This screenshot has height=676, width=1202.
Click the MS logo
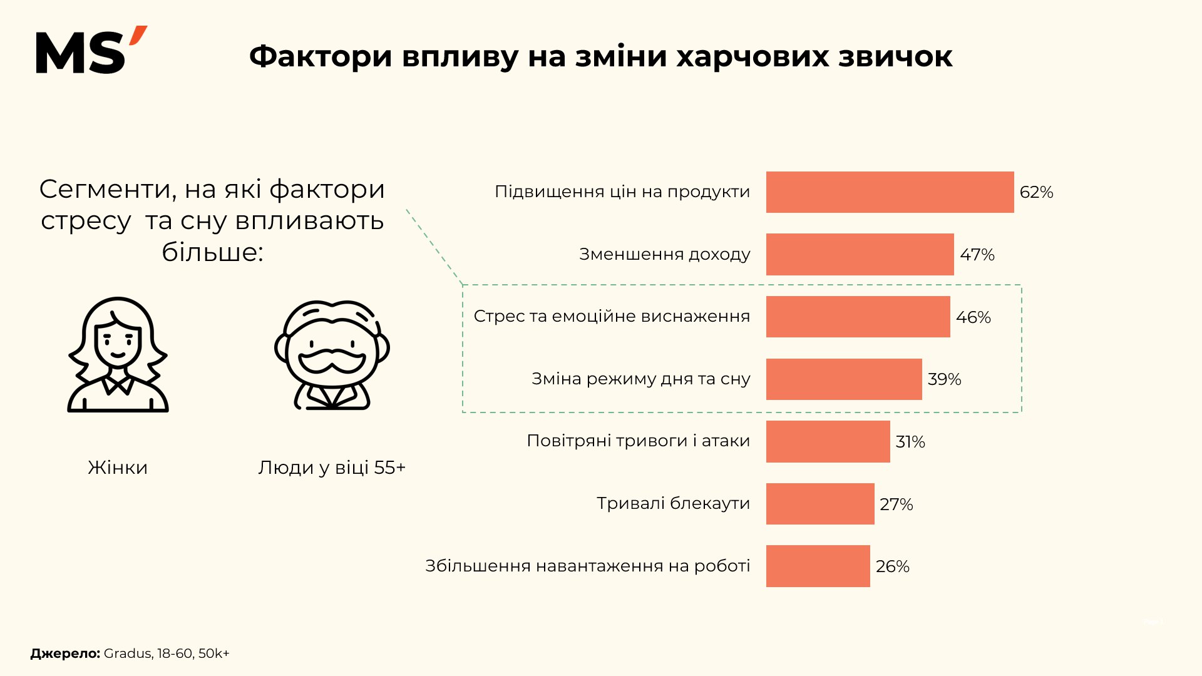coord(91,51)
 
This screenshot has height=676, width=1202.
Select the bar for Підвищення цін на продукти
coord(890,192)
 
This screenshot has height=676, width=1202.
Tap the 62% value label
coord(1036,192)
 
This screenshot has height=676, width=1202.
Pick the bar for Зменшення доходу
coord(860,254)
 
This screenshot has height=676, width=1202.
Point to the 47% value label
coord(977,255)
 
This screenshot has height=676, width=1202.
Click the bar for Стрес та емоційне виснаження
coord(858,317)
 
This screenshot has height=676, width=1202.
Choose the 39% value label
coord(944,379)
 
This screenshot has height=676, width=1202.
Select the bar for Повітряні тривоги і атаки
coord(828,441)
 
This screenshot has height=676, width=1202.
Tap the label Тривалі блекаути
coord(673,503)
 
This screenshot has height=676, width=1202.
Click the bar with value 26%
coord(818,566)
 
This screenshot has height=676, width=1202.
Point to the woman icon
coord(118,355)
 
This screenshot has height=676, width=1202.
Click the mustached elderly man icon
coord(332,355)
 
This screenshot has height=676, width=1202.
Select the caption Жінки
coord(118,468)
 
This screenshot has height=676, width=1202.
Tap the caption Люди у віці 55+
coord(332,468)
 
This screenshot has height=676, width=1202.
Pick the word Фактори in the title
coord(321,56)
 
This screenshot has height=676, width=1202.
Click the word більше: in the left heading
coord(212,252)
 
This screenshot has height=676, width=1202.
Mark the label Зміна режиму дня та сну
coord(640,379)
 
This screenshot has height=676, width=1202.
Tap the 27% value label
coord(896,504)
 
